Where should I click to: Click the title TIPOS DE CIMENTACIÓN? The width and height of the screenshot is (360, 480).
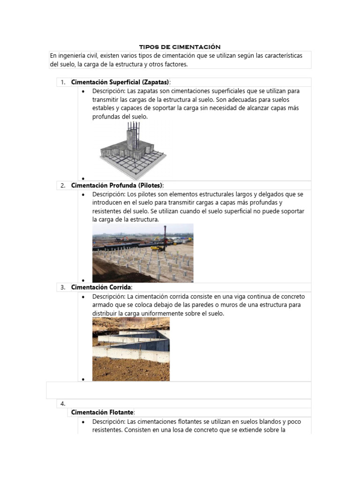[x=180, y=47]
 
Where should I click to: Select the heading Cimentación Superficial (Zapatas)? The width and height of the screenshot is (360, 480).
[x=120, y=82]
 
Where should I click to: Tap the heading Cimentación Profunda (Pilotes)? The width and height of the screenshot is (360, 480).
[x=117, y=185]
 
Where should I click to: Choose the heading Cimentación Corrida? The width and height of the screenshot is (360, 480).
[x=102, y=287]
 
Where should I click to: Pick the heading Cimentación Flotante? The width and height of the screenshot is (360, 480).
[x=103, y=412]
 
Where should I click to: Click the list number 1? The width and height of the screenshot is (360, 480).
[x=63, y=82]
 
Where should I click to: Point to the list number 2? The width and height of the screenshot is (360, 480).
[x=63, y=185]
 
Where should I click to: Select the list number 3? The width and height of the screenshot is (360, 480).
[x=63, y=287]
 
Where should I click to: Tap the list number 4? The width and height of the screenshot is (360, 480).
[x=63, y=403]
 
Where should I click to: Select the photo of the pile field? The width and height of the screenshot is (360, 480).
[x=142, y=253]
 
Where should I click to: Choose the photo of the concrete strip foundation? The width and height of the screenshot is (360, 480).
[x=131, y=349]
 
